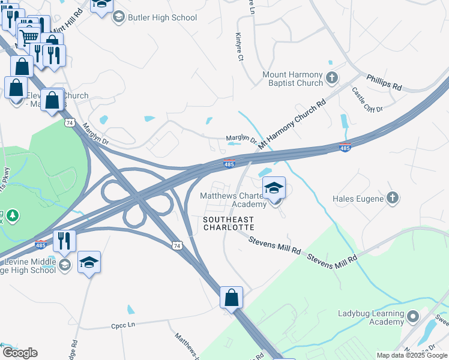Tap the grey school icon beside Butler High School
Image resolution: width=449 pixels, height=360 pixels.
point(118,17)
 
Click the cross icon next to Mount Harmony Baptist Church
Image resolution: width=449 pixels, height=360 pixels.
point(331,78)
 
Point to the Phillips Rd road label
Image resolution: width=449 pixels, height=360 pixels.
point(384,82)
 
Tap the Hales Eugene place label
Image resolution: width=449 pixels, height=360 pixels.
point(358,198)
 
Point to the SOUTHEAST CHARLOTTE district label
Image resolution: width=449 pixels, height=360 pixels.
point(228,224)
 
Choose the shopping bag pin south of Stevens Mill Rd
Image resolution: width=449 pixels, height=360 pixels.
point(231,297)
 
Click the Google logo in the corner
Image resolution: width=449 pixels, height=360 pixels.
point(20,353)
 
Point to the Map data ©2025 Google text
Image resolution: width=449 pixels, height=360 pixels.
point(411,355)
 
